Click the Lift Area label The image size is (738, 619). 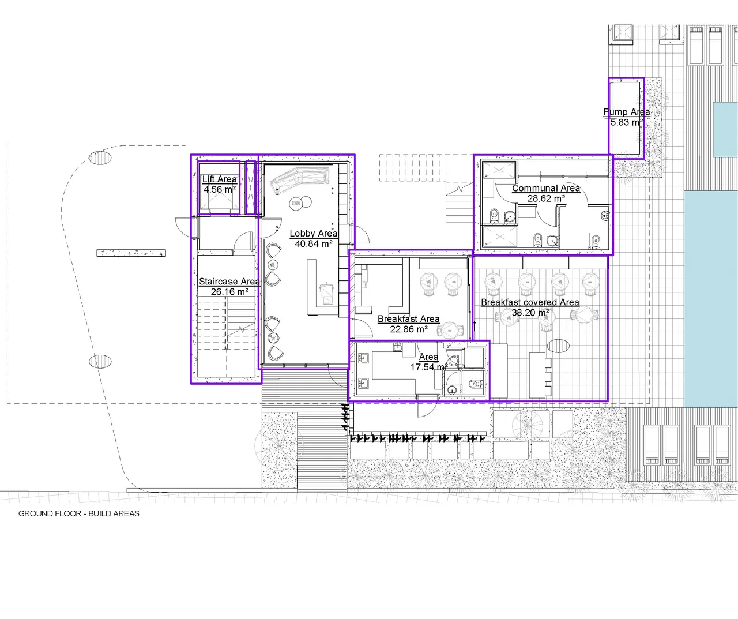coord(219,179)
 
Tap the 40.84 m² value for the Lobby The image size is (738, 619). coord(314,243)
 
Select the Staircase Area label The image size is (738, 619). coord(229,282)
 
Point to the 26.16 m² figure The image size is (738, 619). coord(229,292)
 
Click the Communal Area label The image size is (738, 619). coord(546,188)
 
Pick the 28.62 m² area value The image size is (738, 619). coord(546,198)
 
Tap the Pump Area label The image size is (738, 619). coord(626,112)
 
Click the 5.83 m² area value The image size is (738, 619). coord(626,122)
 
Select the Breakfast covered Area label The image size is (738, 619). coord(530,302)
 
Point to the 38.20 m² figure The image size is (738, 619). coord(530,313)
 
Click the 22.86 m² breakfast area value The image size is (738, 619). coord(409,329)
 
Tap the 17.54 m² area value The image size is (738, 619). coord(429,367)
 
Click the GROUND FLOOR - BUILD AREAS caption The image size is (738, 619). coord(79,513)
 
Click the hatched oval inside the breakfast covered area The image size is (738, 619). coord(559,346)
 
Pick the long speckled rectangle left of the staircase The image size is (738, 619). coord(131,253)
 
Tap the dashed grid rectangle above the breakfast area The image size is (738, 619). coord(426,168)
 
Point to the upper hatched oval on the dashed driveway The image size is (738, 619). coord(100,157)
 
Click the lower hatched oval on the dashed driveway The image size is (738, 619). coord(100,362)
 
